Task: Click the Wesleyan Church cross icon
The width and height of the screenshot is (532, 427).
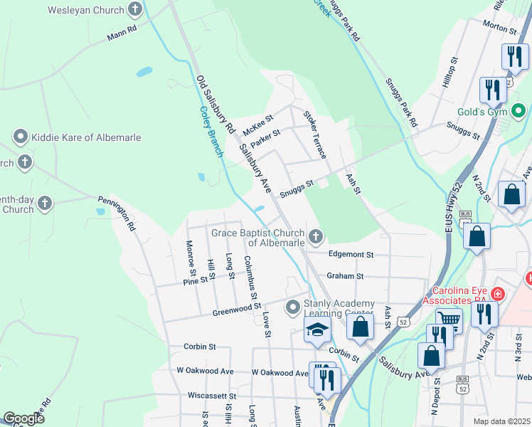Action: click(x=135, y=11)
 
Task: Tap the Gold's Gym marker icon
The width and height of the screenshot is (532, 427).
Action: click(x=518, y=112)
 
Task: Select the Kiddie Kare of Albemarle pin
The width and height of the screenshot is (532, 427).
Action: click(x=21, y=136)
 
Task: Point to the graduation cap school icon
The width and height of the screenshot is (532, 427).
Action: click(x=317, y=330)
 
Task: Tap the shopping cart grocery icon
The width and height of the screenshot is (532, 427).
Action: click(x=449, y=321)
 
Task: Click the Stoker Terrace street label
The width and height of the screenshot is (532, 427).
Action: click(x=314, y=135)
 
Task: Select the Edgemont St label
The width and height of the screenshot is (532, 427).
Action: click(x=351, y=254)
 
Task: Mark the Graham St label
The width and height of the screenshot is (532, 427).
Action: click(x=345, y=276)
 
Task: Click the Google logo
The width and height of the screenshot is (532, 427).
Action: click(x=23, y=418)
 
